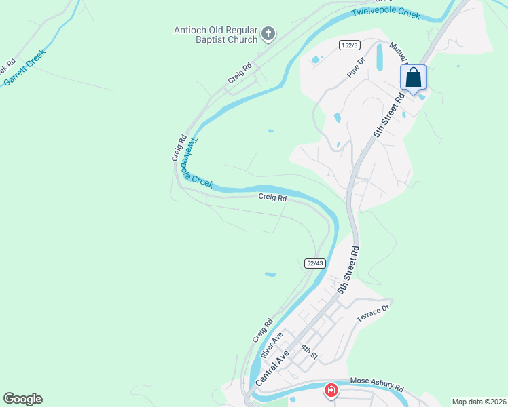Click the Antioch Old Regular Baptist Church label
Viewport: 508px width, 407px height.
[x=215, y=34]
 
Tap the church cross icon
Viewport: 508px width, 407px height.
[x=268, y=33]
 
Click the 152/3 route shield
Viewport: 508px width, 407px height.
[x=349, y=45]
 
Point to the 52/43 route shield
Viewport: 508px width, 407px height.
[x=314, y=263]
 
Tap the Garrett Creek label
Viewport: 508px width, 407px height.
[x=25, y=68]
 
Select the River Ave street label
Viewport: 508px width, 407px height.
[x=272, y=346]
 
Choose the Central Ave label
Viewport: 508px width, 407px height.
[x=272, y=368]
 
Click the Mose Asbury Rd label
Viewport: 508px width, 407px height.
[x=377, y=385]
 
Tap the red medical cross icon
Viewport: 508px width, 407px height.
[x=331, y=391]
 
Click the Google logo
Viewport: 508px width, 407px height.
[x=22, y=399]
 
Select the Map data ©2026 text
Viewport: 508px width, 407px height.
[x=479, y=402]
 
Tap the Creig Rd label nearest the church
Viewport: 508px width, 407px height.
[x=240, y=73]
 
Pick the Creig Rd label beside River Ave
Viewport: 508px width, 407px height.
[x=262, y=330]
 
